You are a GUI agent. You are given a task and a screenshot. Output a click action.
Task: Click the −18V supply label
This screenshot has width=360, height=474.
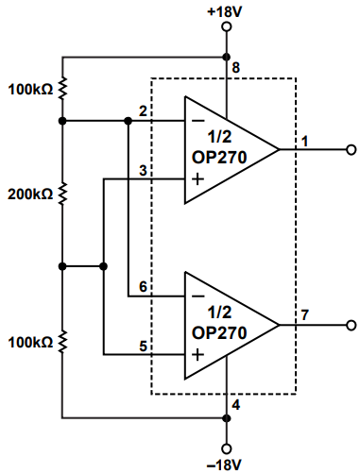225,465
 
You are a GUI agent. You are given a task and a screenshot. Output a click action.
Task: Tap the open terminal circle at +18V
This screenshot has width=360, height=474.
226,27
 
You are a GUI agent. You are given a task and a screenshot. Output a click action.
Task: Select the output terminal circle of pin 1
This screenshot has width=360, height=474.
351,149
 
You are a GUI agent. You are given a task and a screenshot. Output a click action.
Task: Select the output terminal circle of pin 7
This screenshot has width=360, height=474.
351,326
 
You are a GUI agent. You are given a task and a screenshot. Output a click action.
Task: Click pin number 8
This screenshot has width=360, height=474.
236,67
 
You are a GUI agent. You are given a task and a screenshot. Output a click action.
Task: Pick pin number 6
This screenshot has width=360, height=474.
142,287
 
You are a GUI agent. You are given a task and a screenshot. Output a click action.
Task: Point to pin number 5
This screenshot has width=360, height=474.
142,346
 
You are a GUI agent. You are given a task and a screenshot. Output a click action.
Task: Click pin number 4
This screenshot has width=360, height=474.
236,406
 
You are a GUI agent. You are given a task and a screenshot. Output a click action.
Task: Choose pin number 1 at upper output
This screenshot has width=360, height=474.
305,141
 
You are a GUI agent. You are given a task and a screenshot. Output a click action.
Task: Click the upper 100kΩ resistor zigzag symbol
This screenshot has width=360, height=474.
62,89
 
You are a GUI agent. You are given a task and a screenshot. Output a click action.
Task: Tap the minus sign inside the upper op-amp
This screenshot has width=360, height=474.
197,121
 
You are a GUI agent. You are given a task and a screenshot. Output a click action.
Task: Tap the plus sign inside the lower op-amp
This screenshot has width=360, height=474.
197,355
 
